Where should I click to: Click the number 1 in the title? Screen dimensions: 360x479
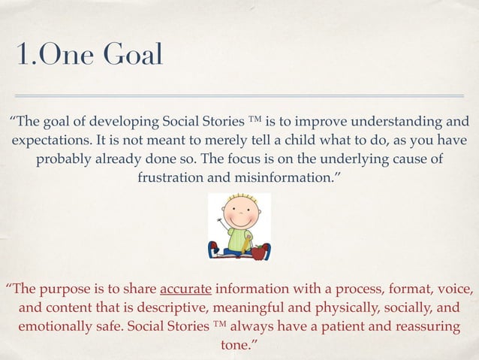tap(20, 55)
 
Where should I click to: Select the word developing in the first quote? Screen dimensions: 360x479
tap(116, 122)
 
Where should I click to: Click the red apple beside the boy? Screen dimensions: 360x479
tap(260, 251)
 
